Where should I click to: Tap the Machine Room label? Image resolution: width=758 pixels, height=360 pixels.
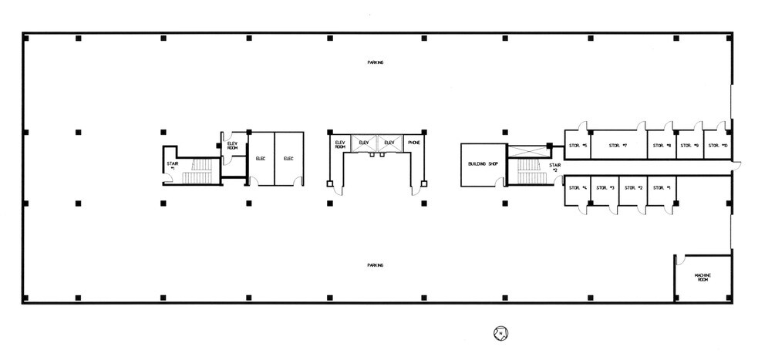702,278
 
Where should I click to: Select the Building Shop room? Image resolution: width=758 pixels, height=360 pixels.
481,164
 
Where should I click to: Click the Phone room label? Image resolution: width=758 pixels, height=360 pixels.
413,143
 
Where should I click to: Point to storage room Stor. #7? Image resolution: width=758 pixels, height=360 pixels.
618,146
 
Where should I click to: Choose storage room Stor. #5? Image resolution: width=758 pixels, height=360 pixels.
578,146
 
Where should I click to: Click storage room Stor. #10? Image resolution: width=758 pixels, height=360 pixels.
717,146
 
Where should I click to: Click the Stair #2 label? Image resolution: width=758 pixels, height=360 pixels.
554,167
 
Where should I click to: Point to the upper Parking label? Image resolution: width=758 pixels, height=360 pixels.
376,62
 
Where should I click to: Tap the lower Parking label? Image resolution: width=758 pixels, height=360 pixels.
376,265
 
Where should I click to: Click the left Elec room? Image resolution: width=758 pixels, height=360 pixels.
261,159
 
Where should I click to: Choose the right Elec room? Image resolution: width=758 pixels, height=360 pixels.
288,159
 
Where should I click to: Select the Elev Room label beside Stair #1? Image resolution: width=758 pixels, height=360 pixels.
232,146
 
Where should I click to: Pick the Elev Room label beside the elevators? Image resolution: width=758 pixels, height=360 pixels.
339,144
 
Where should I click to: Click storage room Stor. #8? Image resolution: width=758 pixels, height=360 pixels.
662,146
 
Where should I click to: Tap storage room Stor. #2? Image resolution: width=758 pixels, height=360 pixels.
633,188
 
